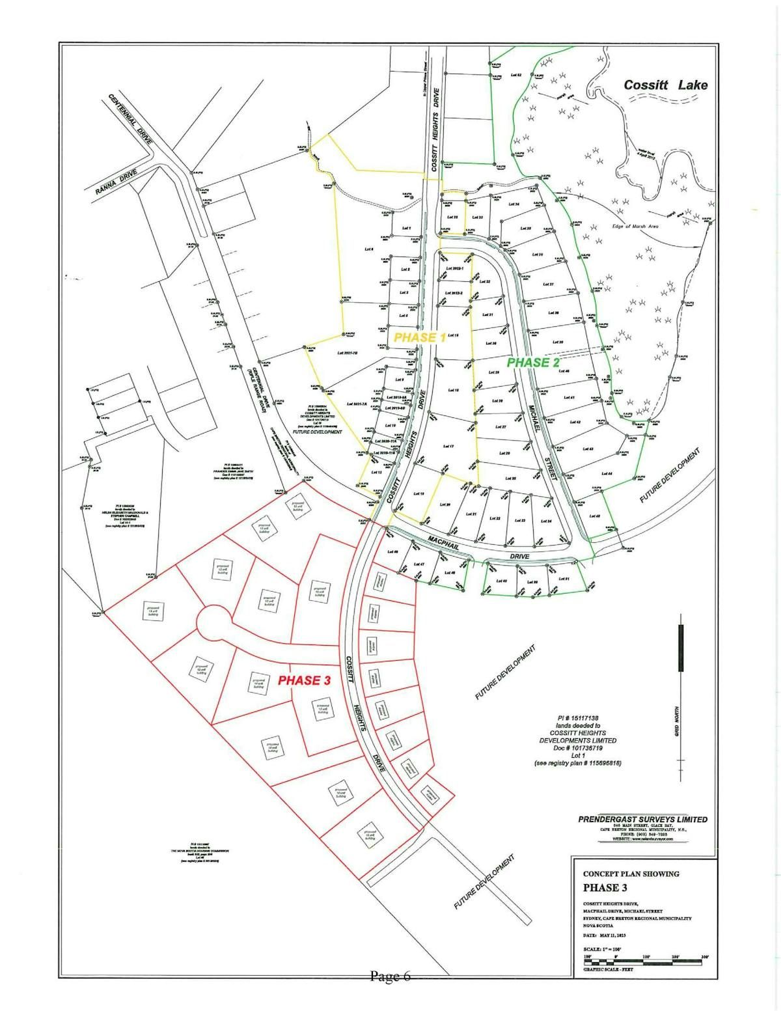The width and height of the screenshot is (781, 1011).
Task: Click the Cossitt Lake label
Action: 665,85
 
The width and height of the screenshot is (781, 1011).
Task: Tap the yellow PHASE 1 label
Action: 420,337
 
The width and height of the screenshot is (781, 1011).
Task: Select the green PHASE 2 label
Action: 533,363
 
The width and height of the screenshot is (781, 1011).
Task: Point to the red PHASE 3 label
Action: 305,681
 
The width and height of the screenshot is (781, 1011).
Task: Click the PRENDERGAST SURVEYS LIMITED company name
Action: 642,820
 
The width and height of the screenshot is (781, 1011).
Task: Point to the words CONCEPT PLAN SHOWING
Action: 622,874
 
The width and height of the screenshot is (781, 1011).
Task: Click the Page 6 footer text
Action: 390,976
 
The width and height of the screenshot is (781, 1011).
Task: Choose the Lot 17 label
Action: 448,446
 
